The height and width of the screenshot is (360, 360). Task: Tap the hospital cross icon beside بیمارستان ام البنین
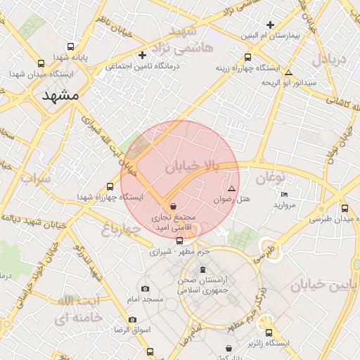270,25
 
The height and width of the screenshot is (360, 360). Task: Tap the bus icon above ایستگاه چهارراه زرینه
247,58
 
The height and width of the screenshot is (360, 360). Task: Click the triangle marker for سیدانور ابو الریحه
288,72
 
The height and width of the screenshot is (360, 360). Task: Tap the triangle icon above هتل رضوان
232,188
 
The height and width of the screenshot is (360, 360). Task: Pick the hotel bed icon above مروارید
284,194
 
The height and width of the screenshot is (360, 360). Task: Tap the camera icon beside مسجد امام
145,288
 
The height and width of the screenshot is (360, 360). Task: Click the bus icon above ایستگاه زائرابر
268,333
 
